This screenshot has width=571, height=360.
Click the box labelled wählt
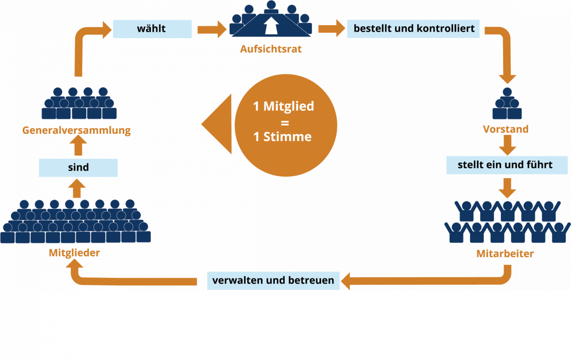pyautogui.click(x=152, y=29)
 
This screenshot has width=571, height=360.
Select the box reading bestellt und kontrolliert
pyautogui.click(x=413, y=29)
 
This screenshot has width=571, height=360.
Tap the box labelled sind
pyautogui.click(x=78, y=168)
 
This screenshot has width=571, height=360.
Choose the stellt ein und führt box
pyautogui.click(x=506, y=165)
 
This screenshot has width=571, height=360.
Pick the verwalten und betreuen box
pyautogui.click(x=273, y=281)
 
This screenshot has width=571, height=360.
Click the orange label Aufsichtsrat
pyautogui.click(x=271, y=49)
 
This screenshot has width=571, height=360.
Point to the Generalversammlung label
pyautogui.click(x=77, y=130)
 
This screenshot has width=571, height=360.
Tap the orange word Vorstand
pyautogui.click(x=506, y=129)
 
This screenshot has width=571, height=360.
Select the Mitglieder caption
pyautogui.click(x=74, y=253)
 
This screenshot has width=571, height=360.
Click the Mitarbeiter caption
pyautogui.click(x=505, y=254)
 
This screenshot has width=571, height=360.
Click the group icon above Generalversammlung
pyautogui.click(x=79, y=104)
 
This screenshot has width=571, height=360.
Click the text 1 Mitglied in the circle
pyautogui.click(x=284, y=106)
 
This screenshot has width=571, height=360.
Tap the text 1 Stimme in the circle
pyautogui.click(x=283, y=137)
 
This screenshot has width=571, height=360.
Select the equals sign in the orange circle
pyautogui.click(x=285, y=123)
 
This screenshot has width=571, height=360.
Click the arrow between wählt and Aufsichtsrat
pyautogui.click(x=211, y=29)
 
